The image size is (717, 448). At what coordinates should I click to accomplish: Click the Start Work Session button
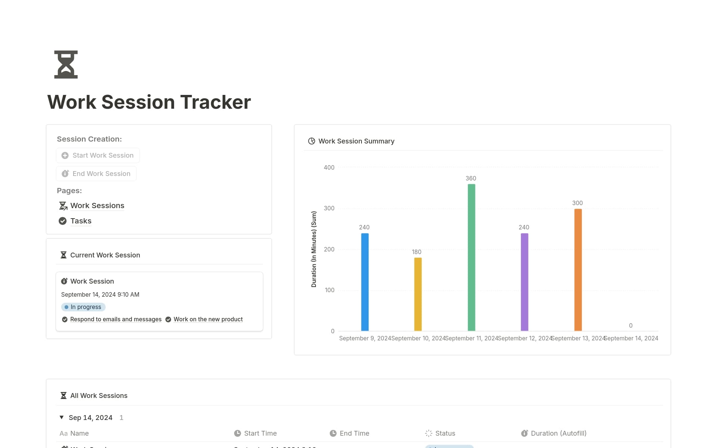[x=98, y=155]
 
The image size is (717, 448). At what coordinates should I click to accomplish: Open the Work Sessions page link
[x=97, y=206]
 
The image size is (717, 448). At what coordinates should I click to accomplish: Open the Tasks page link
[x=81, y=221]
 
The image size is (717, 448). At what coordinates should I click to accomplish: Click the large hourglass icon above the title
[x=66, y=65]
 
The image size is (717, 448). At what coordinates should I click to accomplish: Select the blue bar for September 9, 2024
[x=365, y=282]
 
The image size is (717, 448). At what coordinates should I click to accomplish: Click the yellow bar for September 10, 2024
[x=418, y=294]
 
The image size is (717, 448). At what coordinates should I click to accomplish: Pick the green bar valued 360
[x=471, y=257]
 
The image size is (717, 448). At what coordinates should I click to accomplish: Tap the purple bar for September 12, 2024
[x=524, y=282]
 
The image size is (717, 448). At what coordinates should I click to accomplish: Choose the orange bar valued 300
[x=578, y=270]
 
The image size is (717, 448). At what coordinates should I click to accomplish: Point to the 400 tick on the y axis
[x=329, y=168]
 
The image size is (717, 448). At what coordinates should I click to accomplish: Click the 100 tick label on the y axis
[x=329, y=290]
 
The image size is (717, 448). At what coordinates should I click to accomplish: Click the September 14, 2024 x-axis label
[x=631, y=339]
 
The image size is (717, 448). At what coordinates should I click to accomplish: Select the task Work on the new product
[x=208, y=319]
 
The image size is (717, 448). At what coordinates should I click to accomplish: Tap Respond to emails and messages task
[x=116, y=319]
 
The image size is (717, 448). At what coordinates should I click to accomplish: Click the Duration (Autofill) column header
[x=558, y=433]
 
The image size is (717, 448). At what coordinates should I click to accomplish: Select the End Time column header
[x=354, y=433]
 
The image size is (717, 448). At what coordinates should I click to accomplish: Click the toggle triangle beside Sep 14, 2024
[x=62, y=417]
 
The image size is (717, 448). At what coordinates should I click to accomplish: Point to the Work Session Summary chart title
[x=356, y=141]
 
